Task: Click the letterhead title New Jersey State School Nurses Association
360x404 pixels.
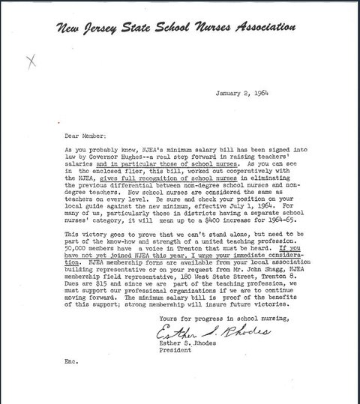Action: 173,29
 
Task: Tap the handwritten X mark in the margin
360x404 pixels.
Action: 31,62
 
